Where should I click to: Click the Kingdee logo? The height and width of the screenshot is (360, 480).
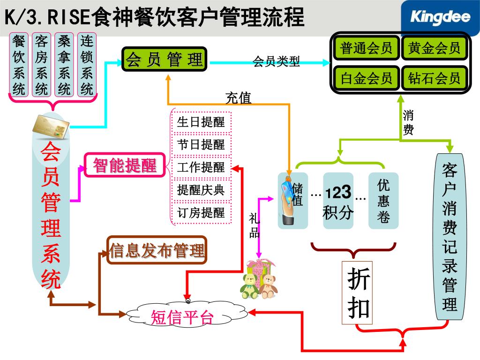(441, 18)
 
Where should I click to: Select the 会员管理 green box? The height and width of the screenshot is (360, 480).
(164, 60)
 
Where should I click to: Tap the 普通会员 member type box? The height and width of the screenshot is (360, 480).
(366, 48)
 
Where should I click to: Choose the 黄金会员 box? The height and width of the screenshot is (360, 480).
(434, 48)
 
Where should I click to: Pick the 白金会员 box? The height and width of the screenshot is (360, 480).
(366, 78)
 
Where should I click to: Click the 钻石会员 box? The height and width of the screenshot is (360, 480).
(434, 78)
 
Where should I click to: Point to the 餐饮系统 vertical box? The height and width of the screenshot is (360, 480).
(19, 65)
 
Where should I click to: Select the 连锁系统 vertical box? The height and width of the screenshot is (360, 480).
(87, 65)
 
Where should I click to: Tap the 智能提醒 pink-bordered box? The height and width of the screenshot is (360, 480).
(125, 165)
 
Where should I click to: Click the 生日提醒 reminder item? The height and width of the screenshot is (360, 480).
(201, 122)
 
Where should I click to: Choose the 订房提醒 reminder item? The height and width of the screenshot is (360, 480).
(201, 213)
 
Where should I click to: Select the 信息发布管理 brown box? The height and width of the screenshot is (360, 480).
(157, 250)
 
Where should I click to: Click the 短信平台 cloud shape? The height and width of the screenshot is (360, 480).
(182, 318)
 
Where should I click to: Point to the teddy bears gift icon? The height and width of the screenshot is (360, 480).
(258, 280)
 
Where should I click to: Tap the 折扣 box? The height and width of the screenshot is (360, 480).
(359, 293)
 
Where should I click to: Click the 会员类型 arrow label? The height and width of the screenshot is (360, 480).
(277, 61)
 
